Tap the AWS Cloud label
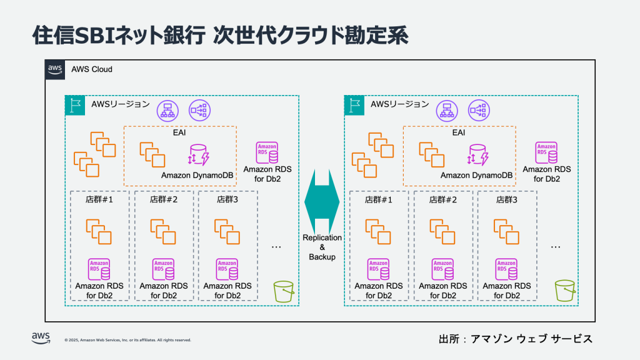pyautogui.click(x=92, y=69)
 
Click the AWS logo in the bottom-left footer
pyautogui.click(x=41, y=338)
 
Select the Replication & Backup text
pyautogui.click(x=322, y=247)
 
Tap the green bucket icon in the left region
pyautogui.click(x=284, y=292)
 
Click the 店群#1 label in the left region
pyautogui.click(x=99, y=201)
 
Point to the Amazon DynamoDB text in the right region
pyautogui.click(x=477, y=176)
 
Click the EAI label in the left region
pyautogui.click(x=180, y=133)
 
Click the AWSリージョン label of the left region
pyautogui.click(x=121, y=104)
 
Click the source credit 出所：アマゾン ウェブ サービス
pyautogui.click(x=515, y=339)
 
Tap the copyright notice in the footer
pyautogui.click(x=127, y=340)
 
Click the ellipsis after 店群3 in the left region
pyautogui.click(x=277, y=246)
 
